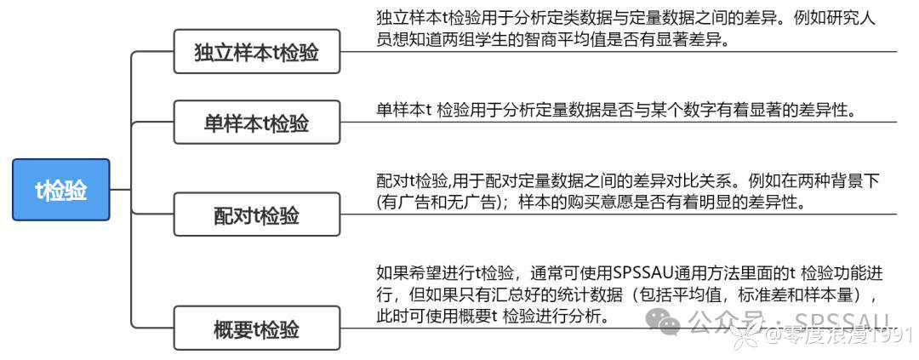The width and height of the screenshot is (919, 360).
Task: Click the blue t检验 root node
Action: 61,190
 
